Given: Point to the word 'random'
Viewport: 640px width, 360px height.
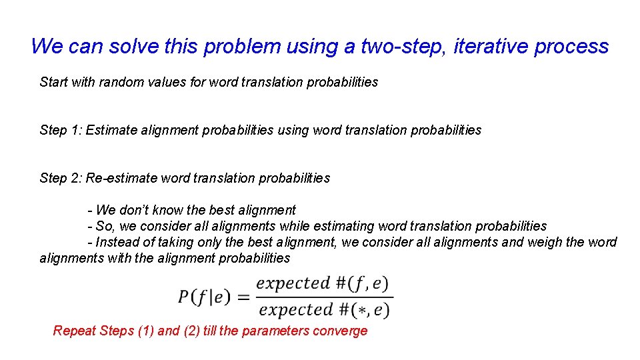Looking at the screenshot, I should point(121,83).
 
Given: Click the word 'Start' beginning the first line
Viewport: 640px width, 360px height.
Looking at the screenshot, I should point(53,83).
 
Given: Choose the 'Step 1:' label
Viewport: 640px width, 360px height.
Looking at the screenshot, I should point(61,131).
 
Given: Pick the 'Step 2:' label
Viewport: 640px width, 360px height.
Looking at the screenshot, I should point(61,179).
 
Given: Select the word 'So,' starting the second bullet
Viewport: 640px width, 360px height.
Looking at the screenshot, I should point(105,227).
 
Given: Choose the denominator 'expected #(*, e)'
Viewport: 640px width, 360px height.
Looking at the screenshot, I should point(324,310).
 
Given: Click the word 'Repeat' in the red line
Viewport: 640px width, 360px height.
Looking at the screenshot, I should point(74,331).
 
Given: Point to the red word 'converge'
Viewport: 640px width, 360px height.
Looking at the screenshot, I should point(341,331).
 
